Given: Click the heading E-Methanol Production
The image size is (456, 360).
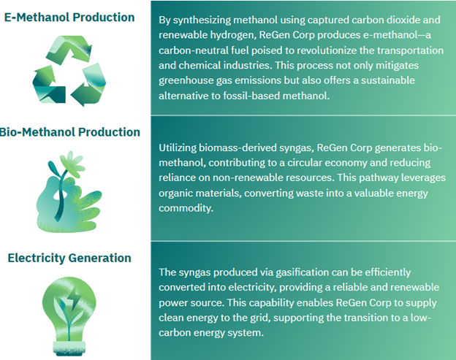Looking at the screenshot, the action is point(69,17).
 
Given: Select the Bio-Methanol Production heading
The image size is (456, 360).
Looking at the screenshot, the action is point(70,132).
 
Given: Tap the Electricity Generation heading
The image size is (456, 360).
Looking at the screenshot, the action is point(69,258).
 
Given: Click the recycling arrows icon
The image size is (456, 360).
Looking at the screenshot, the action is point(69,71).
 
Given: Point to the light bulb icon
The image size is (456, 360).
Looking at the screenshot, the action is point(69,316).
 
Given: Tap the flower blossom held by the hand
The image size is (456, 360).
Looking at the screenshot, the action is point(72,164).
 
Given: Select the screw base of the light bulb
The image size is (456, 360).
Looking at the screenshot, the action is point(69,348).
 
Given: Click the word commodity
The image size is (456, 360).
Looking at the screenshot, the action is point(186,208).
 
